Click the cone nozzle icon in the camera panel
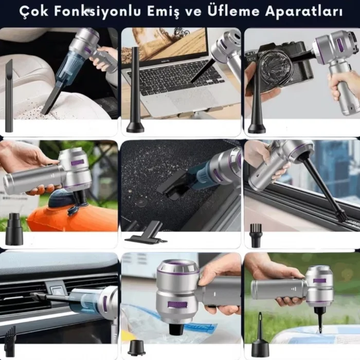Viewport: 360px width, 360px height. point(256,103)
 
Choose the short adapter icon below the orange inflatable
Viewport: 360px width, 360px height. point(14,231)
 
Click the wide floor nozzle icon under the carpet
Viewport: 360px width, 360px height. point(141,237)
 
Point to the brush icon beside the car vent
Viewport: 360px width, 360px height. point(10,342)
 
